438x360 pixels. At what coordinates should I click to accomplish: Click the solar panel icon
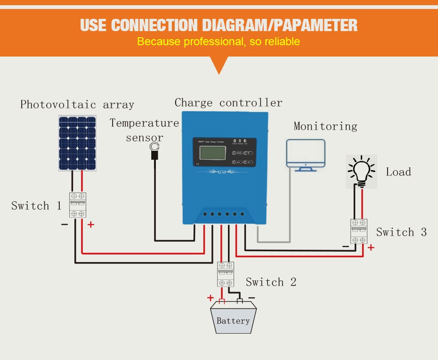point(77,143)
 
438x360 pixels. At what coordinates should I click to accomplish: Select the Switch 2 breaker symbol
point(225,274)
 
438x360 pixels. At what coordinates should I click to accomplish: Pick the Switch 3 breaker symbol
point(359,231)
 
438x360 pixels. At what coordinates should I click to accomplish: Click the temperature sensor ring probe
point(154,149)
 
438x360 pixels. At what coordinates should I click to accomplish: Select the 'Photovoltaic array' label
point(77,105)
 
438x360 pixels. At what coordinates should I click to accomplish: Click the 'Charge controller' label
point(228,103)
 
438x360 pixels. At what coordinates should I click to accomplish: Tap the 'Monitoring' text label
point(325,126)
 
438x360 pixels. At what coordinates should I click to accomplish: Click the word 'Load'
point(398,172)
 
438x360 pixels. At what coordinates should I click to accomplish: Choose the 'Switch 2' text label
point(271,282)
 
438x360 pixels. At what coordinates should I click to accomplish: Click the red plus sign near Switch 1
point(90,225)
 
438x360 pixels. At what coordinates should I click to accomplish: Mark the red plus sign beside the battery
point(210,298)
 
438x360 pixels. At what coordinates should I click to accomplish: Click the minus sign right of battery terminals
point(251,297)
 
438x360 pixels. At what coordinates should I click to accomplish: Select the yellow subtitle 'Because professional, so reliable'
point(219,41)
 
